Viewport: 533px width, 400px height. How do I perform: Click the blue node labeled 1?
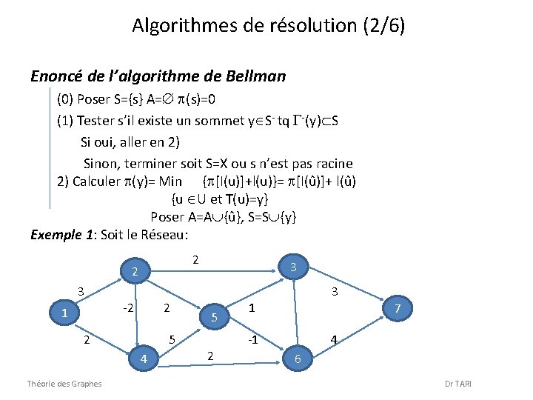click(x=65, y=313)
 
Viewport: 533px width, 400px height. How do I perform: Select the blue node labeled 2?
click(x=134, y=272)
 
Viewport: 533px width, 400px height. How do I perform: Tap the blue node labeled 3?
click(x=293, y=267)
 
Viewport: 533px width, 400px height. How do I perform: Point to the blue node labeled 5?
click(x=213, y=318)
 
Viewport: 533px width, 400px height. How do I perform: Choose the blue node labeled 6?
click(x=298, y=359)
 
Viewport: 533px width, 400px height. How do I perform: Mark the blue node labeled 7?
click(x=398, y=307)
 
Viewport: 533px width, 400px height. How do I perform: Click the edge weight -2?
click(x=127, y=307)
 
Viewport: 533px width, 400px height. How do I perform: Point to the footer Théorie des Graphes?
click(x=64, y=383)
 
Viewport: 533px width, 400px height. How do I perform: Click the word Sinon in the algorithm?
click(x=100, y=163)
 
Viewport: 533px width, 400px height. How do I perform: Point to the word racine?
click(x=332, y=163)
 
